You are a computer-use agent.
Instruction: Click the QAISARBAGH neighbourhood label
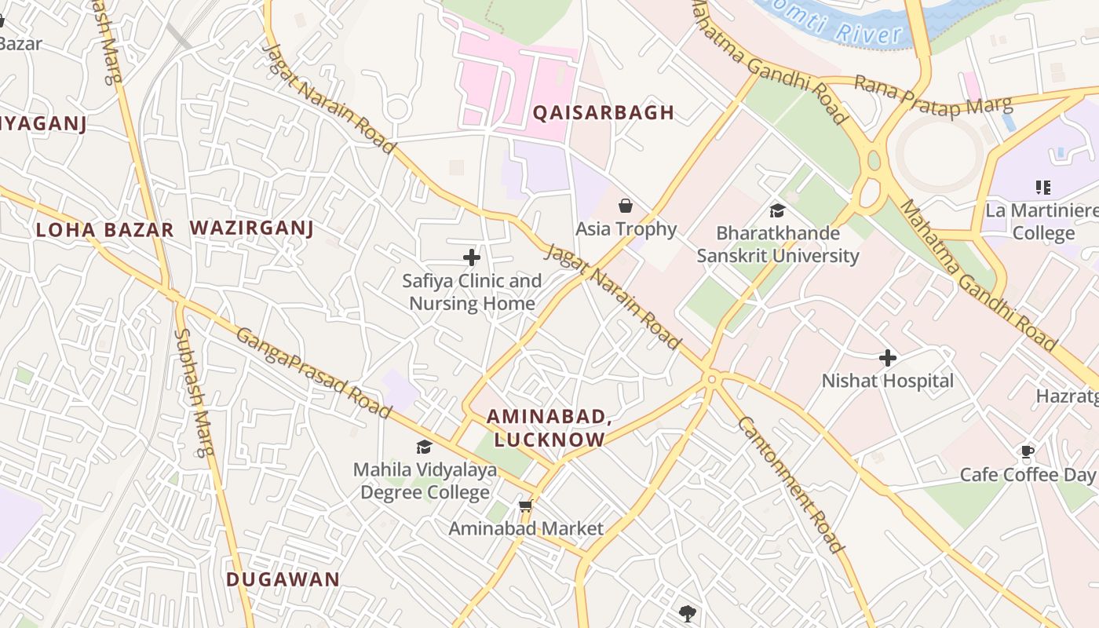[x=603, y=112]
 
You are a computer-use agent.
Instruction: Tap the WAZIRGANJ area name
[x=251, y=228]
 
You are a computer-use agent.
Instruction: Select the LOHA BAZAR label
[x=104, y=230]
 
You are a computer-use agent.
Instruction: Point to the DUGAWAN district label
[x=283, y=579]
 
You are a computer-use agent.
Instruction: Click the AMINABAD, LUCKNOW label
[x=548, y=428]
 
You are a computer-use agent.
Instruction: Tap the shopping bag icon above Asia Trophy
[x=626, y=206]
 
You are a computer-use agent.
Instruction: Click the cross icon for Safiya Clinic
[x=471, y=257]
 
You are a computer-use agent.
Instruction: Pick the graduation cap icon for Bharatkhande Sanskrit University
[x=777, y=210]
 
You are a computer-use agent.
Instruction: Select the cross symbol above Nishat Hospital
[x=887, y=358]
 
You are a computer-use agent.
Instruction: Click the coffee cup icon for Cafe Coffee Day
[x=1027, y=451]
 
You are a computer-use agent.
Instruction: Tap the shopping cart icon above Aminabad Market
[x=525, y=506]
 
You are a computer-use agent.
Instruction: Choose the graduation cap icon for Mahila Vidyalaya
[x=424, y=447]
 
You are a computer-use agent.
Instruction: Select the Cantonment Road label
[x=790, y=484]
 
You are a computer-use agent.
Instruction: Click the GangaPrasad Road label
[x=313, y=373]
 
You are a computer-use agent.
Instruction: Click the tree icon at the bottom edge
[x=688, y=613]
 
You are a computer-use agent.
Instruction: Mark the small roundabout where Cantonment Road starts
[x=711, y=379]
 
